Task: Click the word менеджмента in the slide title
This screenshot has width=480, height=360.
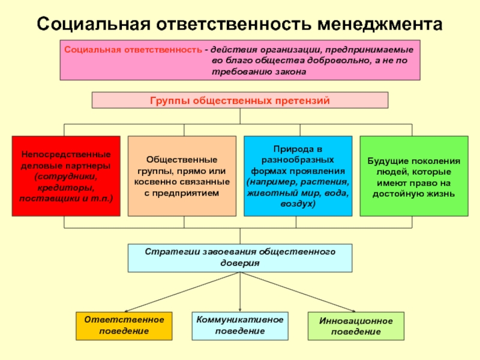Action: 380,25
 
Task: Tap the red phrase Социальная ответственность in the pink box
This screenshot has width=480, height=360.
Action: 133,50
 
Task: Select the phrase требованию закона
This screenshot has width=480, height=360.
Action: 259,71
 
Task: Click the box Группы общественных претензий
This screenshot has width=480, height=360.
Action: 240,100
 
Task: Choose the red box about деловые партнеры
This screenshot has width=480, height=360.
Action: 66,176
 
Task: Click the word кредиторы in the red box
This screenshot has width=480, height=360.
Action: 66,187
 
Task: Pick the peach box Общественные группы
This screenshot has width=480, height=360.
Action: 182,176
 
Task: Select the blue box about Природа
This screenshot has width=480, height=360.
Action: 298,176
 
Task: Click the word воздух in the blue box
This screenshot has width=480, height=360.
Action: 296,203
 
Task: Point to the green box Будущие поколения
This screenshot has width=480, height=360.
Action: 414,176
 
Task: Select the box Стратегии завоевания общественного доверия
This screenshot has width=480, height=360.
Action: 240,258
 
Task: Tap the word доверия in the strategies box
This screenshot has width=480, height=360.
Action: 240,263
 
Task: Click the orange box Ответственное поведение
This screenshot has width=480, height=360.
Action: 124,326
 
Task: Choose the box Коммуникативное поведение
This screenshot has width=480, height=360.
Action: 240,326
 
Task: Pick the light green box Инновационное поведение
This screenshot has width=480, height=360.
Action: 356,326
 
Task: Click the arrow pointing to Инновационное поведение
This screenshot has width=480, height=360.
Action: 298,292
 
